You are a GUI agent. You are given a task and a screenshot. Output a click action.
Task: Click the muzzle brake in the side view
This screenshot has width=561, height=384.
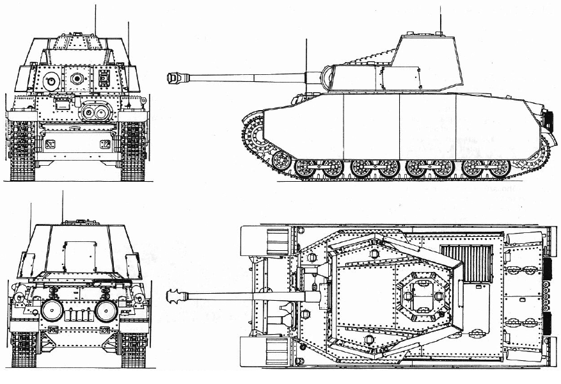tap(171, 77)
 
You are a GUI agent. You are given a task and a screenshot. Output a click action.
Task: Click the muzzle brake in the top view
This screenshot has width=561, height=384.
tap(172, 296)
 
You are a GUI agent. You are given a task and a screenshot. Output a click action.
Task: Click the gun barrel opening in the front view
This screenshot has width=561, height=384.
tap(78, 79)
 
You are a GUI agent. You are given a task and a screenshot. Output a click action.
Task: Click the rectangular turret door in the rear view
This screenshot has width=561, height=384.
tap(76, 255)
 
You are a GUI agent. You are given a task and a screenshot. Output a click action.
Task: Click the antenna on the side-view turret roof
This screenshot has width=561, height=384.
tap(439, 19)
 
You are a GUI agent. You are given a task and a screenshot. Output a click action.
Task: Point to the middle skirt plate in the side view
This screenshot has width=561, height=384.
tap(371, 125)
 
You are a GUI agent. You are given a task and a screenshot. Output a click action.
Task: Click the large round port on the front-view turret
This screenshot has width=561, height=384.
tap(52, 81)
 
